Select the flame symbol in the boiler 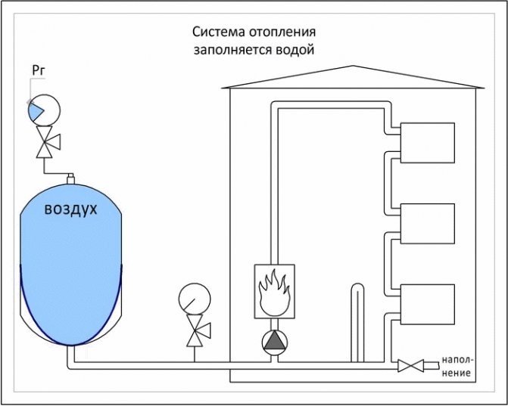(x=273, y=291)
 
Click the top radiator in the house (x=426, y=143)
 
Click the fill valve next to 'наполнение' (x=410, y=366)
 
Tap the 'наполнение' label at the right (x=459, y=366)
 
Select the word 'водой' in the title (x=296, y=50)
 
